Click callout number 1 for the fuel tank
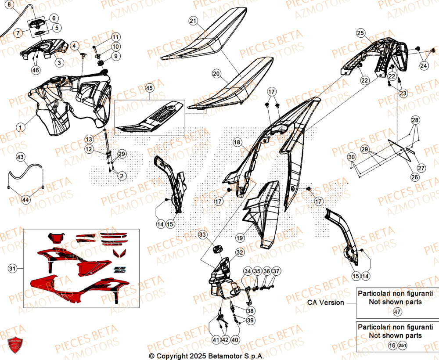coord(20,127)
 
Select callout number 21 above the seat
coord(194,21)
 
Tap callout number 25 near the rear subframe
coord(360,32)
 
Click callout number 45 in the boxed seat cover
coord(150,88)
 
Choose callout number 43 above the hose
coord(20,157)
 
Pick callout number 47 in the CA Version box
coord(397,312)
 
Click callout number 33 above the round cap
coord(202,235)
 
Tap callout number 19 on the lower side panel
coord(239,238)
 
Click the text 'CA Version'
coord(326,302)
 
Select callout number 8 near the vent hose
coord(10,6)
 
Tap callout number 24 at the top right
coord(423,66)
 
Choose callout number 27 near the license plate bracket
coord(421,168)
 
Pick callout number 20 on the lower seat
coord(216,74)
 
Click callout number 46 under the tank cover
coord(36,70)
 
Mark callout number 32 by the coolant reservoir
coord(239,252)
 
